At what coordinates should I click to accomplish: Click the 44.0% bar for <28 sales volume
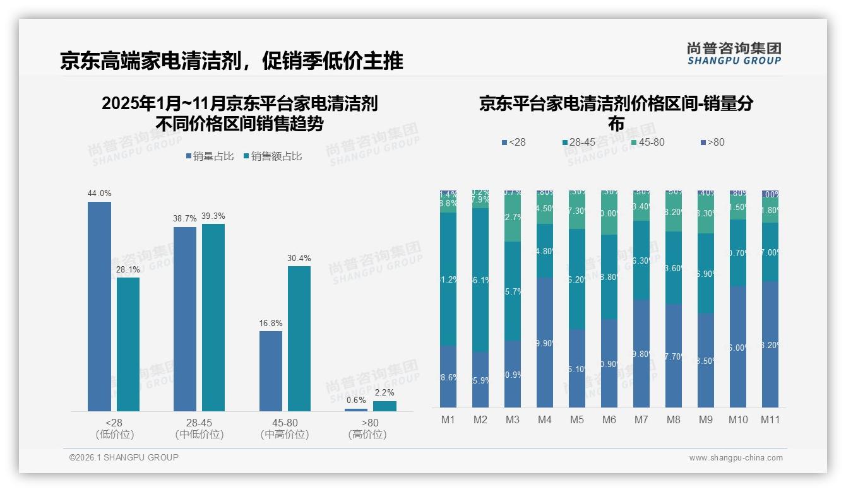99,307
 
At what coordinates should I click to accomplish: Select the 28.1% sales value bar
128,344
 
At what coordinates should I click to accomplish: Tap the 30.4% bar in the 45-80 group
299,339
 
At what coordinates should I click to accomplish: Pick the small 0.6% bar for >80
356,410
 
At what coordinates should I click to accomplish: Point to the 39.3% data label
213,216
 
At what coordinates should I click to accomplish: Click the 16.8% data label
271,323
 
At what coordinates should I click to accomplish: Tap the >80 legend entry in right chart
712,143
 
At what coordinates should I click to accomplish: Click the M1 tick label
448,419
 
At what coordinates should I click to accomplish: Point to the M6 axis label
609,419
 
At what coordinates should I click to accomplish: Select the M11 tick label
770,419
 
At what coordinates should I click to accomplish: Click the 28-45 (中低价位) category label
199,428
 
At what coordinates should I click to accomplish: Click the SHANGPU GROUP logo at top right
734,54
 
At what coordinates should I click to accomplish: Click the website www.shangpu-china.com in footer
736,458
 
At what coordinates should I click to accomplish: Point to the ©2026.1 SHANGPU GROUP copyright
124,457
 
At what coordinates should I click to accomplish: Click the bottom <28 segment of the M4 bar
545,343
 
